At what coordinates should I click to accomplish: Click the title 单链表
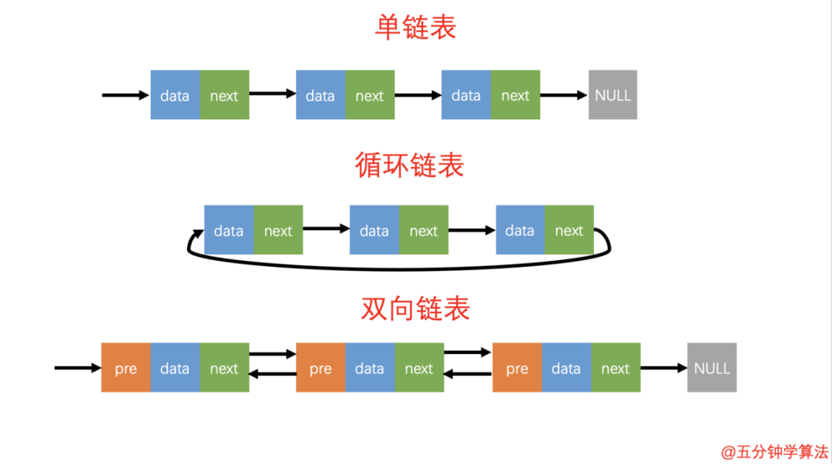click(415, 27)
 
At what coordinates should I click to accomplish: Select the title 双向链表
click(415, 308)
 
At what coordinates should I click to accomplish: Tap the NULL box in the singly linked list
click(612, 95)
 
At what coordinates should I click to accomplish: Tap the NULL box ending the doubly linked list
click(712, 368)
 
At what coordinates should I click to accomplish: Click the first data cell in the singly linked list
click(175, 95)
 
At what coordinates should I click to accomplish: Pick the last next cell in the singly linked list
click(515, 95)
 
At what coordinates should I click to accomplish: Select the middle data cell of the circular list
click(374, 230)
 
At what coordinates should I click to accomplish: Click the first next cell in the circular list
click(278, 230)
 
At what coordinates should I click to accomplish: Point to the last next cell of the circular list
click(569, 230)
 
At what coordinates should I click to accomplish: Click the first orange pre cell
click(126, 368)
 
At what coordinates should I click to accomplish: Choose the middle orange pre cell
click(320, 368)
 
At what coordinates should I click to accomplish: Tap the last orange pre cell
click(517, 368)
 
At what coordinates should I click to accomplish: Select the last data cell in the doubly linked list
click(566, 368)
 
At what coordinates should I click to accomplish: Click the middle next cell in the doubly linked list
click(419, 368)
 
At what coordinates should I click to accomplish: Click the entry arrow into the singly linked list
click(125, 95)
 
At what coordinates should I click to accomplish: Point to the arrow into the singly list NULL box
click(563, 95)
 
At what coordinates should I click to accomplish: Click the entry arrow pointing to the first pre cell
click(77, 368)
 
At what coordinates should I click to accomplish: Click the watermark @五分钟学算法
click(774, 452)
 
